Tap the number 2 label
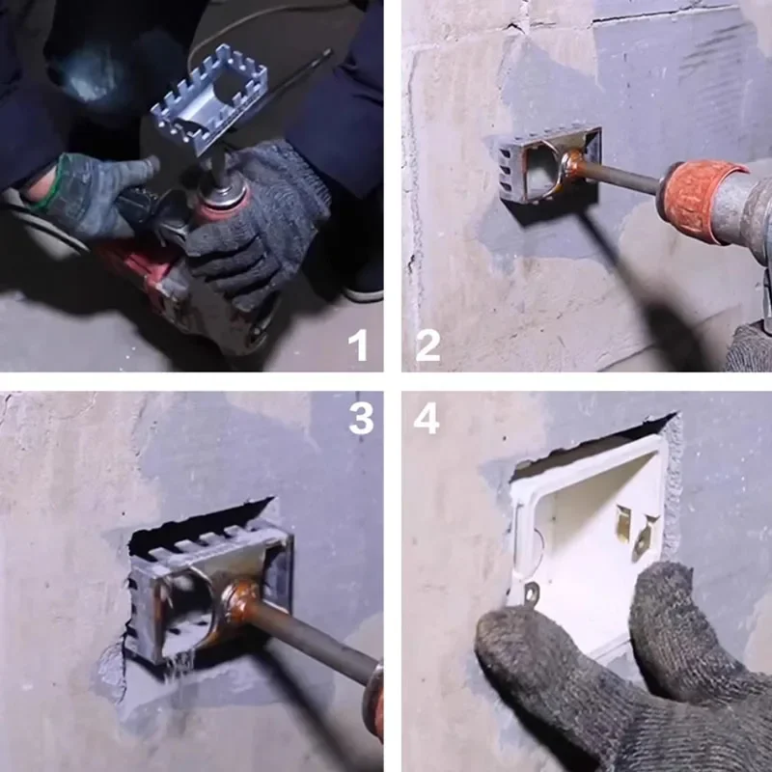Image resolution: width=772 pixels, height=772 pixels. point(428,344)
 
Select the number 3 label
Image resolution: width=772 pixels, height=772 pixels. point(360,419)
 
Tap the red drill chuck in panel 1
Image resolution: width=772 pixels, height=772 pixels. point(221,198)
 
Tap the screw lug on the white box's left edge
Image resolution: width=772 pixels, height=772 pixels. point(530,592)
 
